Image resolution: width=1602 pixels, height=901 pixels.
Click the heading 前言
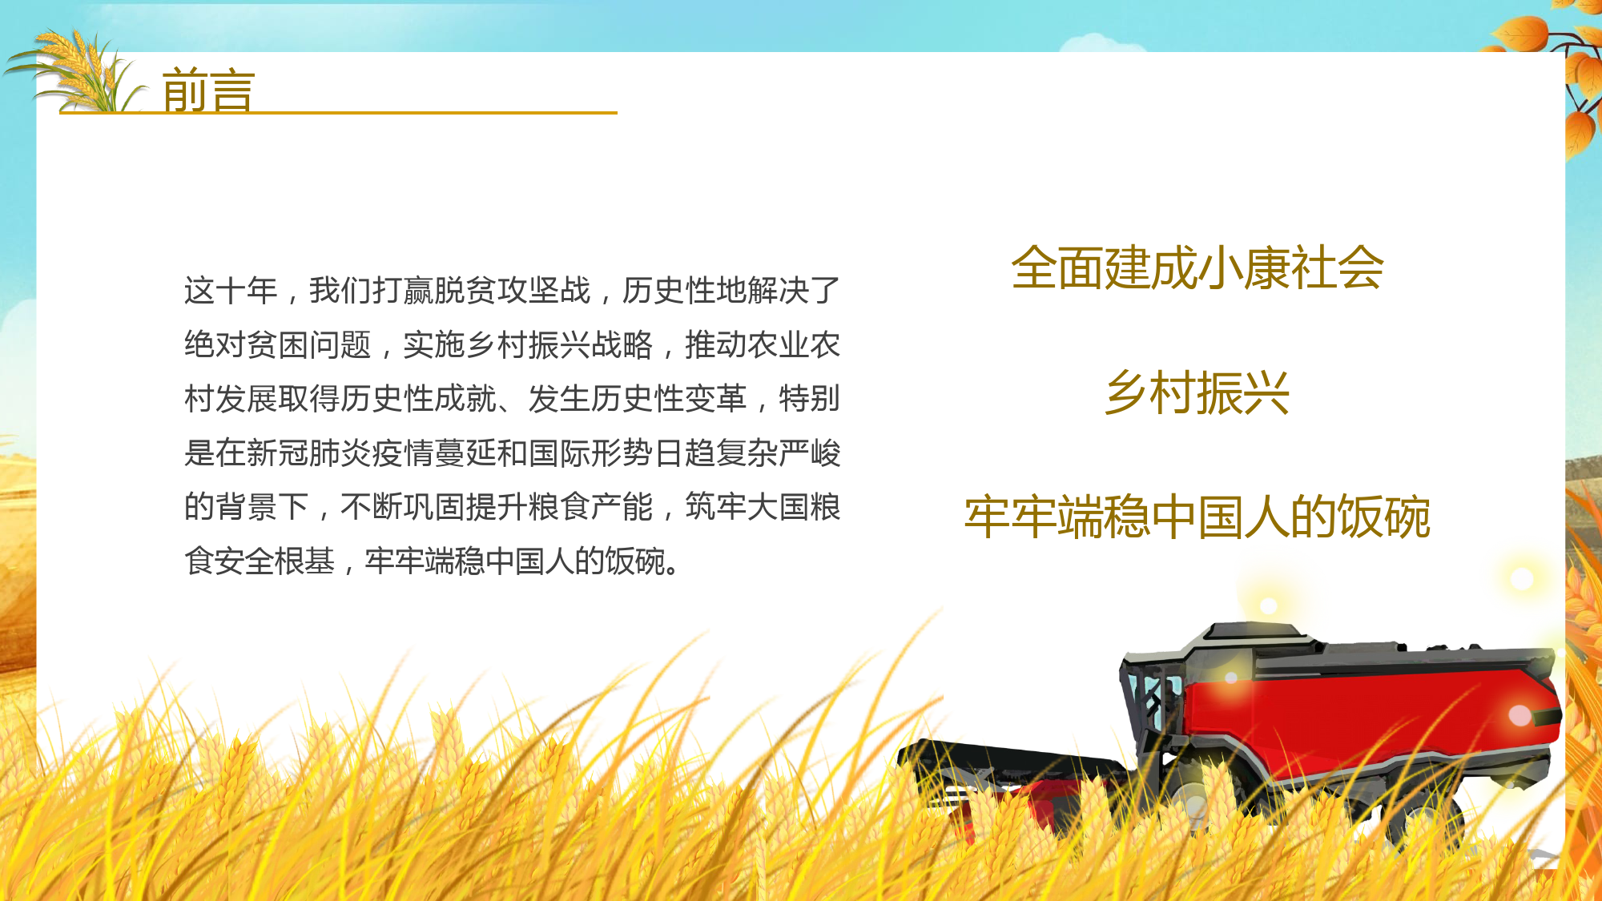[208, 90]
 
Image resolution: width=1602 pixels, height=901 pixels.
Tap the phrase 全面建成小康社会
[1197, 267]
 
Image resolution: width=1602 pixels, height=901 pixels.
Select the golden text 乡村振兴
[1197, 392]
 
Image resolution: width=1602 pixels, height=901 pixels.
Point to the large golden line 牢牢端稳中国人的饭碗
[1197, 517]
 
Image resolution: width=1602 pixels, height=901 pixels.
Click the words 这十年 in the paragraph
[231, 291]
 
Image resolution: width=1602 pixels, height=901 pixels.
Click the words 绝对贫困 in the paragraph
[247, 345]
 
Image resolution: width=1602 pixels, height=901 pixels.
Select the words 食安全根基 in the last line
[260, 561]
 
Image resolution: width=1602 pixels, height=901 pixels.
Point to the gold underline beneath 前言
[338, 113]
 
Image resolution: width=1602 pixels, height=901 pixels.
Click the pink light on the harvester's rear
[1520, 715]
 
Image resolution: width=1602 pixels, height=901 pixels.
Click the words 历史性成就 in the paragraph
[418, 399]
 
